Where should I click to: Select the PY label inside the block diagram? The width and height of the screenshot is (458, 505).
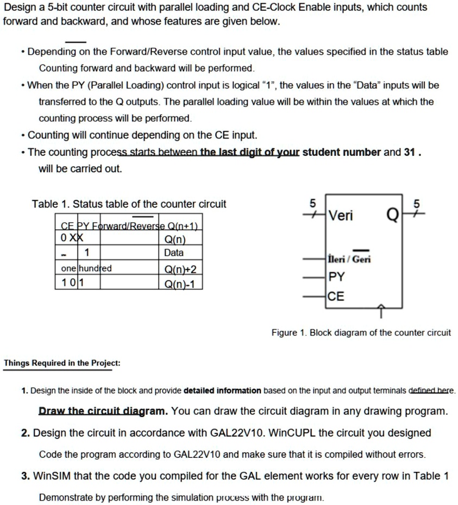tap(337, 277)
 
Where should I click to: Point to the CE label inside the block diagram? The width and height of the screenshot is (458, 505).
tap(337, 296)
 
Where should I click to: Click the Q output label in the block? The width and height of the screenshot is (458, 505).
tap(391, 217)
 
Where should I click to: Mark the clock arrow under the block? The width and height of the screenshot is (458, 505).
tap(381, 311)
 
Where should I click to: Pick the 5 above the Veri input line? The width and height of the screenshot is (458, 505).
tap(312, 203)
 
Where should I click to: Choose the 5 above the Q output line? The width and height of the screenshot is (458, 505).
tap(417, 204)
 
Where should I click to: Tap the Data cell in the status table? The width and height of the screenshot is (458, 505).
tap(174, 253)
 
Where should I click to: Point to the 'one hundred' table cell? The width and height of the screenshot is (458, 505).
tap(86, 269)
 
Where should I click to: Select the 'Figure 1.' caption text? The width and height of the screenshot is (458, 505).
tap(292, 333)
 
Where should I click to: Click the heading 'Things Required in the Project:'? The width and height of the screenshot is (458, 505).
tap(62, 363)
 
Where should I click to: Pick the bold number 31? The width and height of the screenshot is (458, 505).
tap(410, 153)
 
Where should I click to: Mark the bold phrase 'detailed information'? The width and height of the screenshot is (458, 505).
tap(223, 390)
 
